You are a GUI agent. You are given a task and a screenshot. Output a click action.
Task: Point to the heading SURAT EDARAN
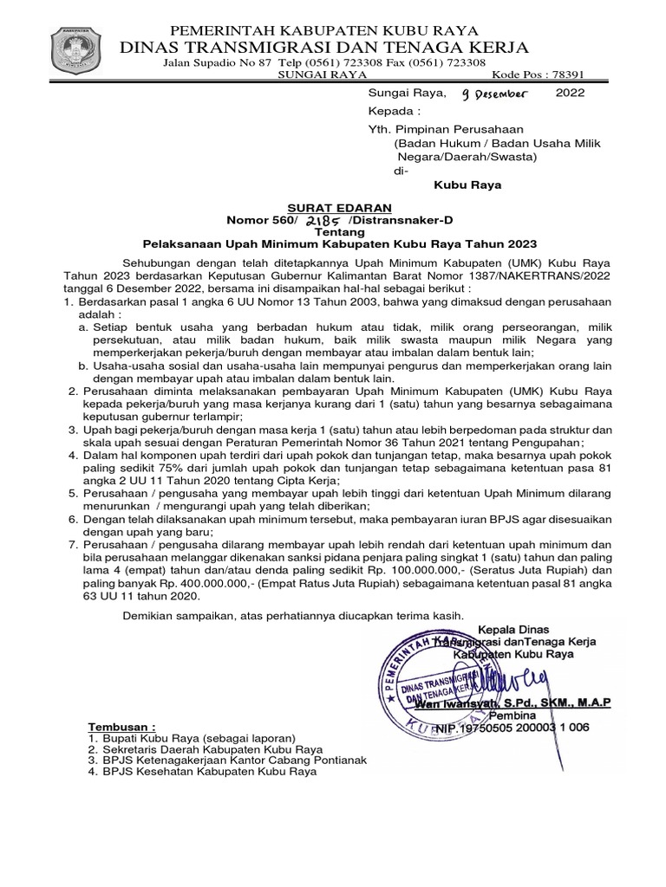353,208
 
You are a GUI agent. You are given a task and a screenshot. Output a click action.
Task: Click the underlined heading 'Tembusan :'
122,725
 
